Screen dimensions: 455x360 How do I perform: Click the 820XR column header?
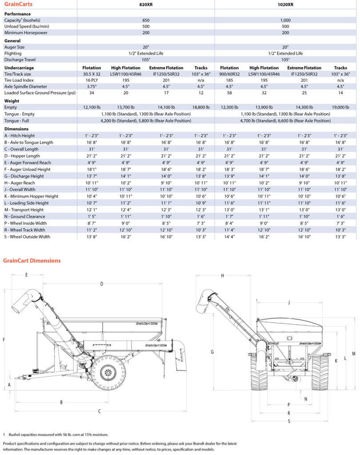(146, 5)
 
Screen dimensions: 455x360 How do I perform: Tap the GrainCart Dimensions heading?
(32, 260)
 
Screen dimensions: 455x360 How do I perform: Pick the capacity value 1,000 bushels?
(285, 20)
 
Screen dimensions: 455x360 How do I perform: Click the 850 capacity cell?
(146, 20)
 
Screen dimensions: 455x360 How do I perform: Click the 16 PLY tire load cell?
(92, 80)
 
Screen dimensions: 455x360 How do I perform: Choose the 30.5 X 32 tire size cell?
(92, 74)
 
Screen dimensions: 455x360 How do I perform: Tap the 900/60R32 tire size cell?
(229, 74)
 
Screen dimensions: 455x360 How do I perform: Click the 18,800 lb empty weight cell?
(201, 108)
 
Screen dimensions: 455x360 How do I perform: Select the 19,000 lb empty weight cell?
(340, 108)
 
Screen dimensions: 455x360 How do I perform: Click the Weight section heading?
(12, 101)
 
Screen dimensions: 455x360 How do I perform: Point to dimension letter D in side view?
(102, 283)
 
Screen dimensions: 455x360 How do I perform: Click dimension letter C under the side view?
(99, 411)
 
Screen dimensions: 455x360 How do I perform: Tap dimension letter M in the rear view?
(353, 353)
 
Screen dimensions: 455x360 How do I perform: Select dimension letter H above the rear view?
(222, 276)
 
